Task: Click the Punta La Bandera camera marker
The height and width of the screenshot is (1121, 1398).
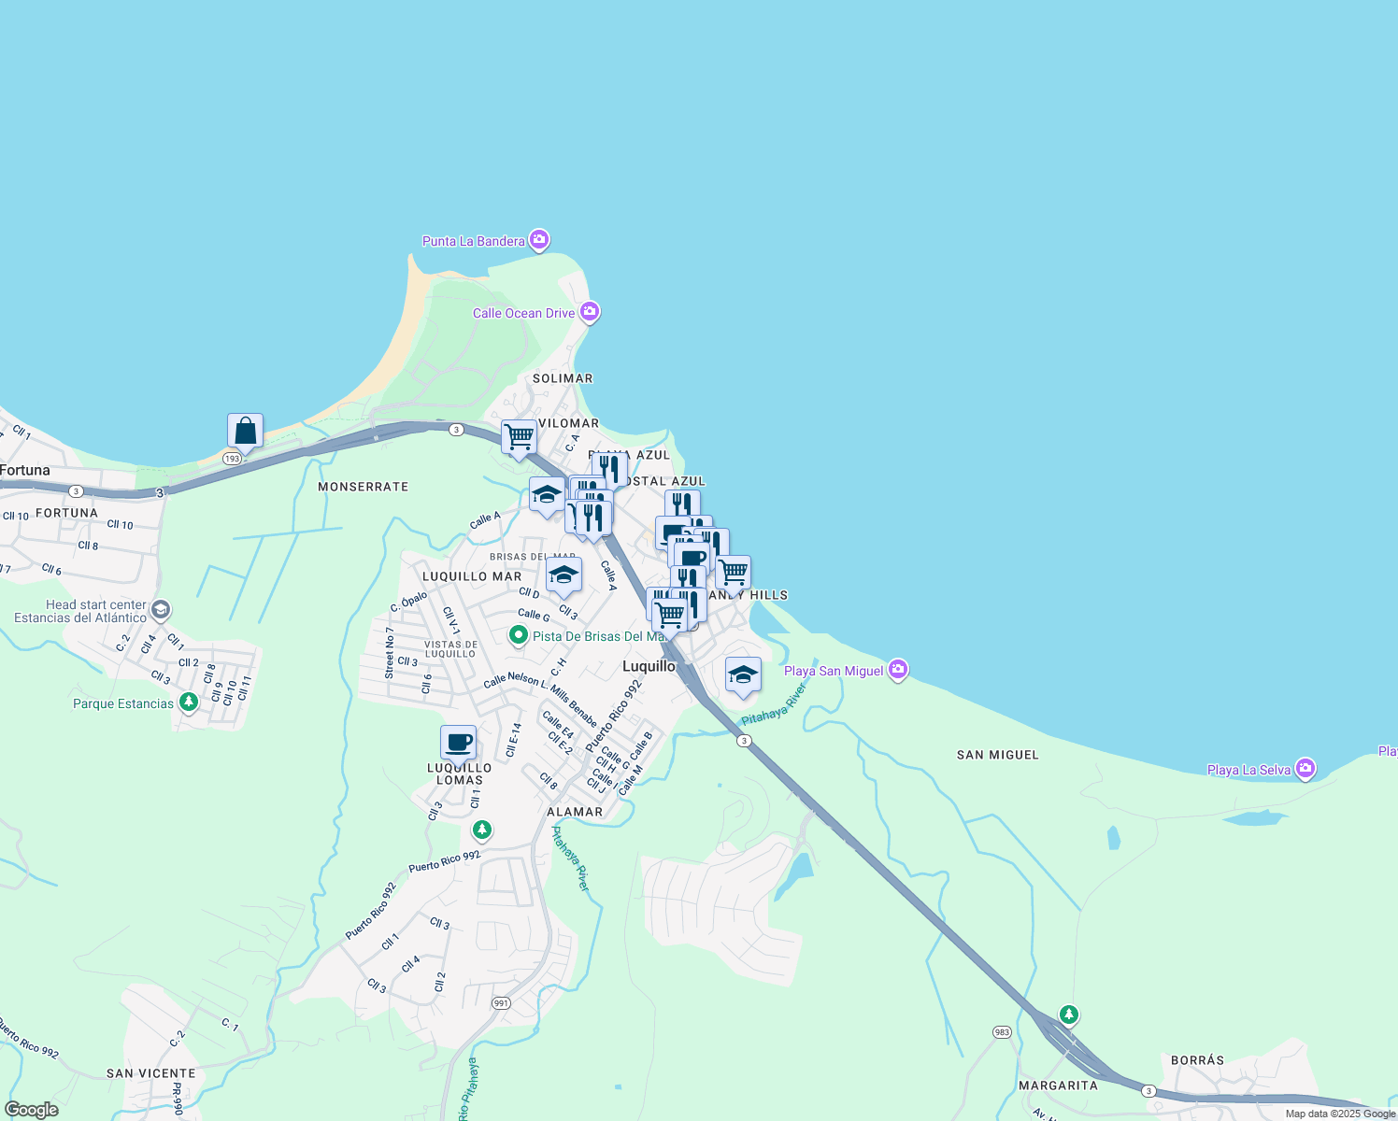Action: coord(539,240)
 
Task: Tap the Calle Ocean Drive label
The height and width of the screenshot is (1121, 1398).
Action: coord(523,313)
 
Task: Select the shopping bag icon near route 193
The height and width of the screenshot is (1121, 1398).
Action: coord(245,431)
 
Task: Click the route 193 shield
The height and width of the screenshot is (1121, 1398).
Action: coord(233,459)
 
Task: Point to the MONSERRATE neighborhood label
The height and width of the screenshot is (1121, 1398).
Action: coord(363,487)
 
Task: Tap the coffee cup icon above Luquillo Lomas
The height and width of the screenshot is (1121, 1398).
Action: coord(458,743)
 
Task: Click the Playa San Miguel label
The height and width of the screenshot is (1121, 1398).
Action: coord(833,671)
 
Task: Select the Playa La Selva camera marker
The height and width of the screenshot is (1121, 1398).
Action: coord(1305,769)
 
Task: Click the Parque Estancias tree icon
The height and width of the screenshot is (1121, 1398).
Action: coord(189,702)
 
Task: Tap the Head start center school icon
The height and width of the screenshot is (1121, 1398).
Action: coord(160,610)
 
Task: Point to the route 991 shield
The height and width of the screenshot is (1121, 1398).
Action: coord(502,1003)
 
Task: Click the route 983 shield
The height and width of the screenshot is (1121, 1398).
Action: coord(1002,1032)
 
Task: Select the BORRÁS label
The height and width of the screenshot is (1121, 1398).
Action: coord(1197,1060)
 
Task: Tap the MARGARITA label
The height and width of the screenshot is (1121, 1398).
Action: coord(1058,1086)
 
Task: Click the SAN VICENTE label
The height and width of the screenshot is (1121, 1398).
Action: coord(150,1073)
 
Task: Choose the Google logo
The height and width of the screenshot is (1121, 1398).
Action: coord(32,1110)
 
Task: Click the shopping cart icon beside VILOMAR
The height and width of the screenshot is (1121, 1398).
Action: coord(519,436)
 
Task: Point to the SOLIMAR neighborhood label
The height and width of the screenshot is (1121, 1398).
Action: coord(563,378)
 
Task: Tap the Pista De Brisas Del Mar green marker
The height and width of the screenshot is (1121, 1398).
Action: coord(519,635)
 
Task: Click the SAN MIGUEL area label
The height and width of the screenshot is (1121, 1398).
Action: coord(997,755)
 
